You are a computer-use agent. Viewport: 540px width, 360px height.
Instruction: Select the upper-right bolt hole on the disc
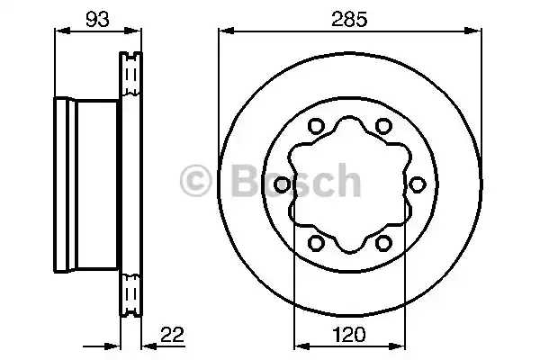tap(382, 126)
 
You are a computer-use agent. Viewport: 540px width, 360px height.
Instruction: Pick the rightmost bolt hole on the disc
tap(417, 184)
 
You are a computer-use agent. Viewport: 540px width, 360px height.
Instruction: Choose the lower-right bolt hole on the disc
tap(382, 243)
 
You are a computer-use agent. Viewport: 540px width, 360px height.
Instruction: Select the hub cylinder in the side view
tap(85, 184)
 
